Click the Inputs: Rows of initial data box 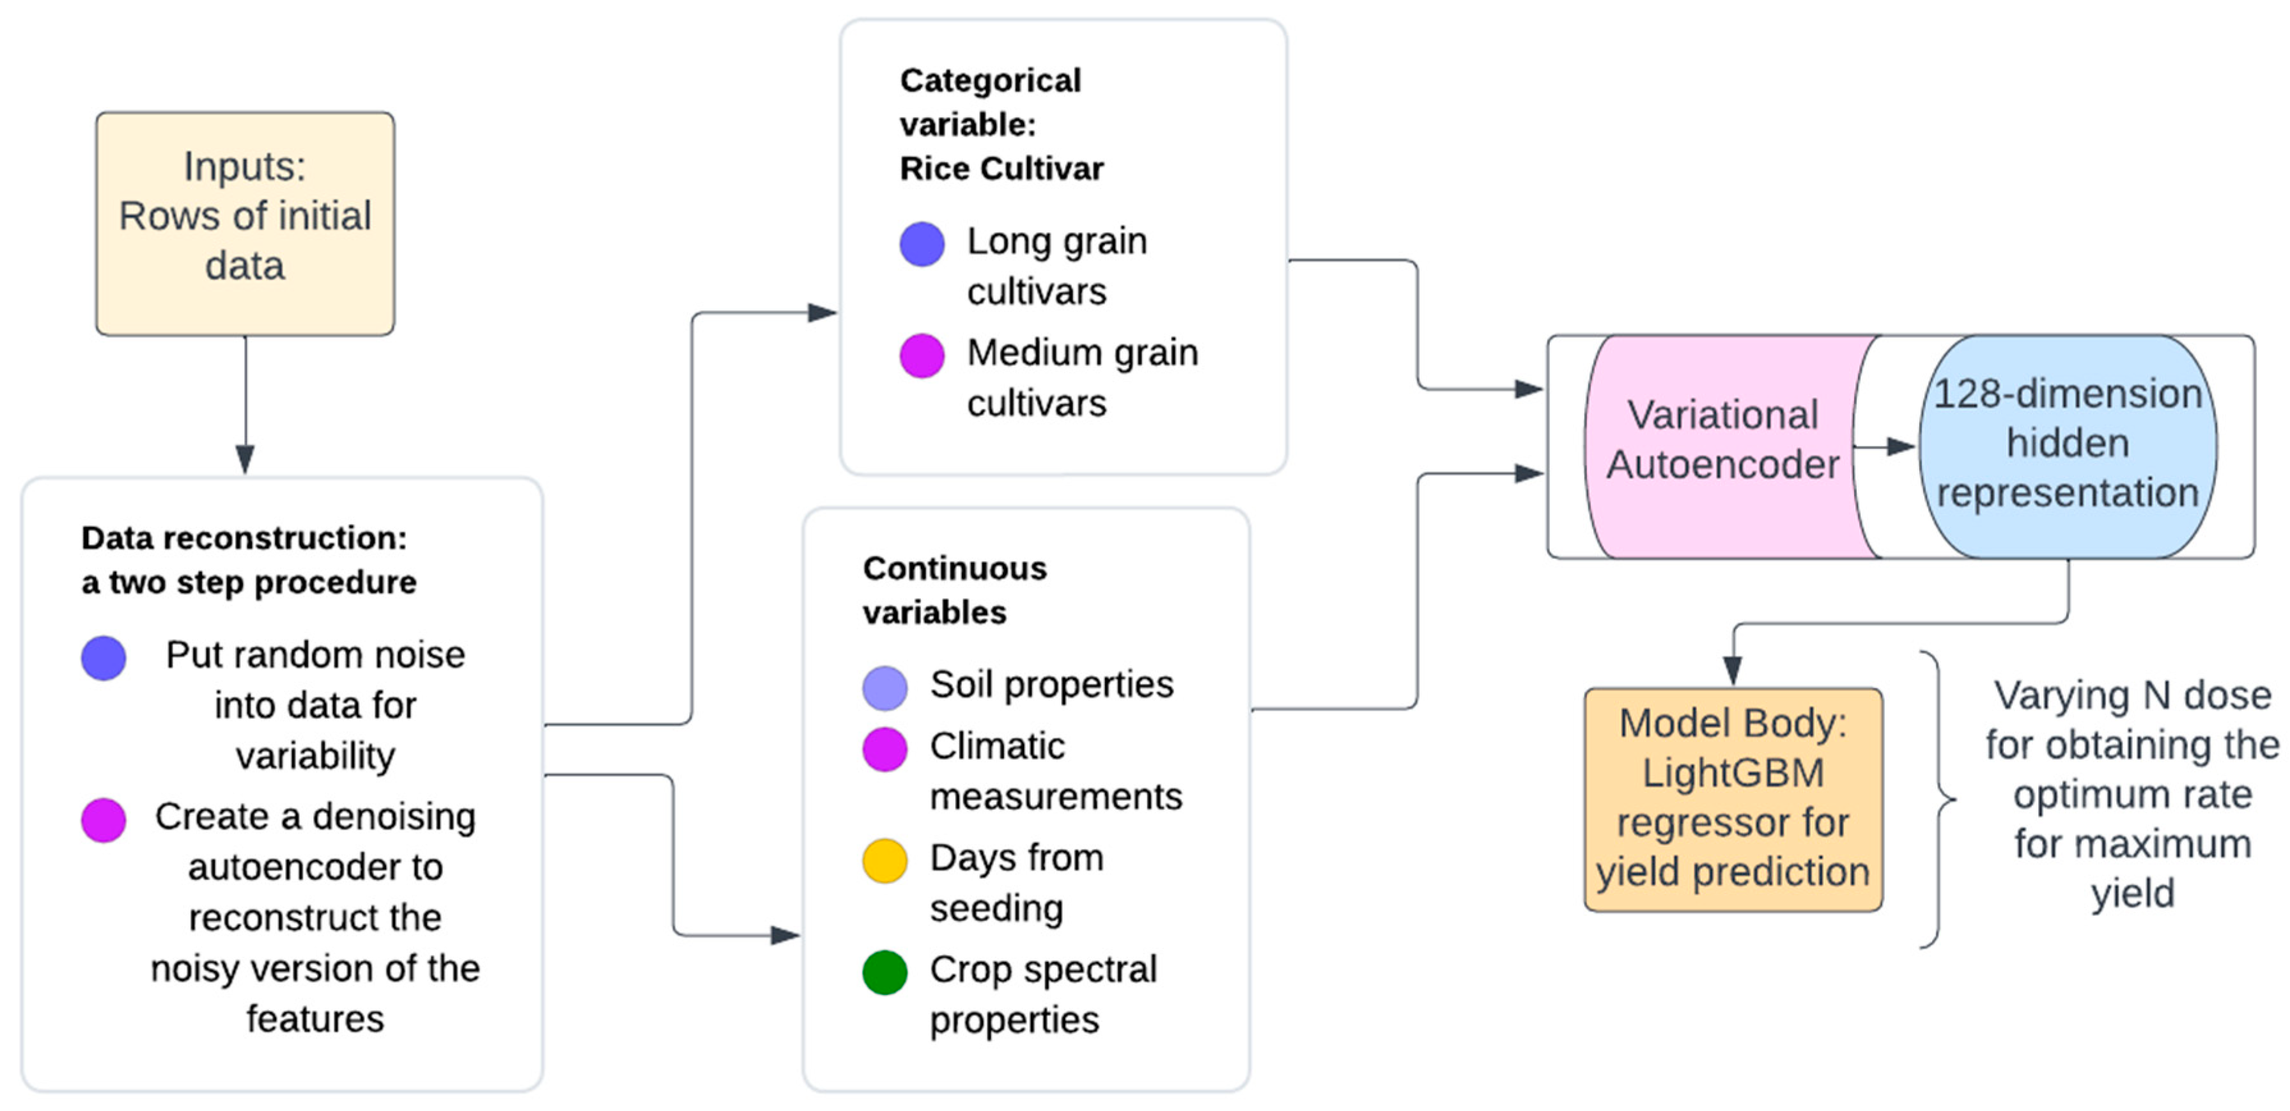(x=245, y=223)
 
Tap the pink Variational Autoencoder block (x=1722, y=445)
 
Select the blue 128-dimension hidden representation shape (x=2067, y=445)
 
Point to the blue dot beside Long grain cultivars (x=922, y=244)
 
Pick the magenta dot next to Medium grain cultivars (x=922, y=356)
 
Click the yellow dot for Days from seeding (x=885, y=860)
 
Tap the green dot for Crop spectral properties (x=885, y=972)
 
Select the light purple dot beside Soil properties (x=885, y=688)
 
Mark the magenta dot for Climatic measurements (x=885, y=749)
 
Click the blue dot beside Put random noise (x=103, y=658)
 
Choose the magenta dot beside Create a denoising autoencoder (x=103, y=819)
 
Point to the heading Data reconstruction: (x=244, y=537)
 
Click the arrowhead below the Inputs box (x=245, y=459)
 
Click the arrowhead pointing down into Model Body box (x=1733, y=669)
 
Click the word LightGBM (x=1733, y=772)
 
